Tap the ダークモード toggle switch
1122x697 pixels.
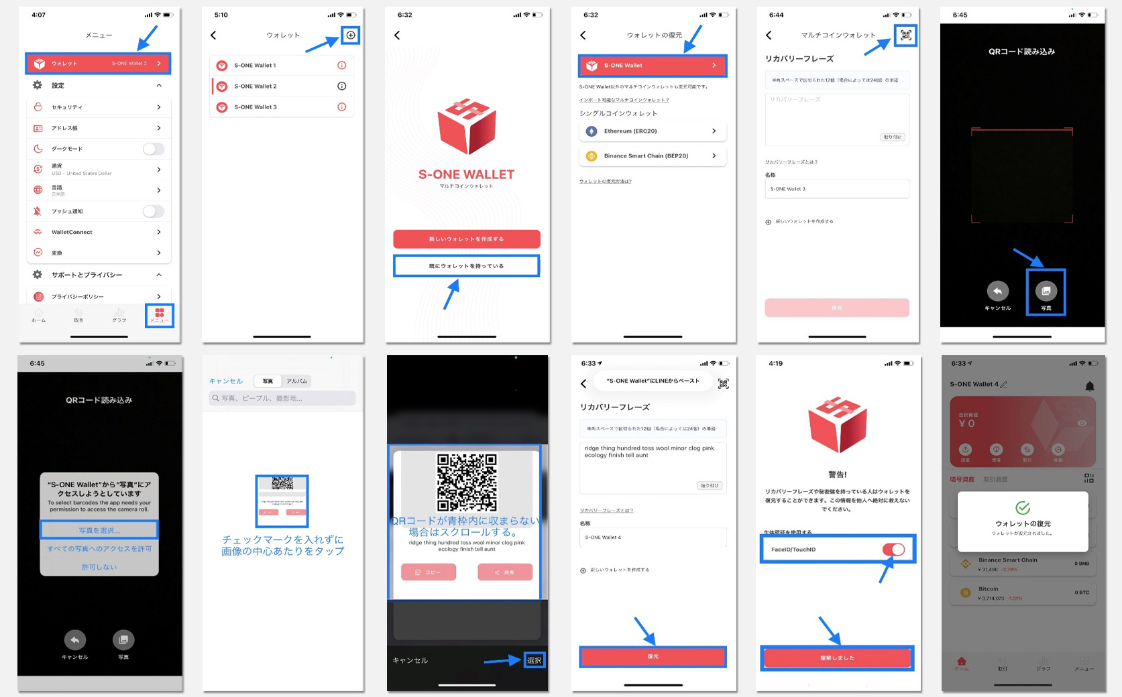[153, 149]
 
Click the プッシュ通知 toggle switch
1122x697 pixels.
[153, 212]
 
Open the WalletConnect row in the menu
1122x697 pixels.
[99, 232]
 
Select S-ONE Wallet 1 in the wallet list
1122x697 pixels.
[282, 66]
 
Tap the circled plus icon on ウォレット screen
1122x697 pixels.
[351, 35]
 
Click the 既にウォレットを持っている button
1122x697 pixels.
[466, 266]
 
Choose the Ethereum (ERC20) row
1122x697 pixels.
[652, 131]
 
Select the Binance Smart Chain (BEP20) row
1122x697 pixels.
[652, 156]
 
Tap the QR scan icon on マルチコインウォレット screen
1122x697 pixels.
[906, 35]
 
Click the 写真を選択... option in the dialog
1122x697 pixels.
[99, 530]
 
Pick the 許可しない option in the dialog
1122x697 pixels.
[99, 567]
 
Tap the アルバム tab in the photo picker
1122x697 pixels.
[296, 381]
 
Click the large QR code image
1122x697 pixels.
[467, 483]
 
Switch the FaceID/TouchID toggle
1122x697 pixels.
[893, 550]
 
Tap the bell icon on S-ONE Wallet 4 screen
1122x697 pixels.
[1090, 386]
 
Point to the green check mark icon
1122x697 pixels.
[1023, 508]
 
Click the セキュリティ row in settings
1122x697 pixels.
[99, 107]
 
